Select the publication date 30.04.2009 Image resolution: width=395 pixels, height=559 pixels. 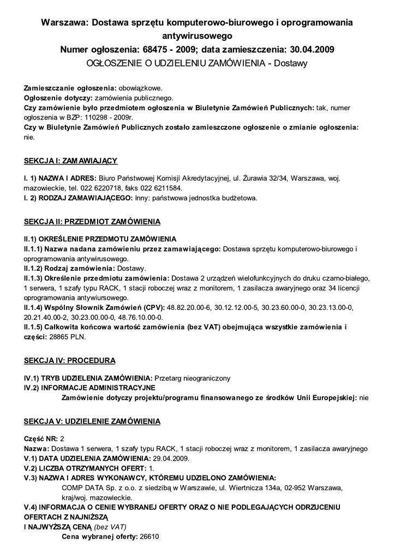pos(311,50)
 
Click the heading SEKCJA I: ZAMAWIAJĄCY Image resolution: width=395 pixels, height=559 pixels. pos(71,161)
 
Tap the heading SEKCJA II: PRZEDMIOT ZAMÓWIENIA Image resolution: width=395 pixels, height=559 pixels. pos(92,223)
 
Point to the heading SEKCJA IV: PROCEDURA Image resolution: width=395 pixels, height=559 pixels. pos(69,361)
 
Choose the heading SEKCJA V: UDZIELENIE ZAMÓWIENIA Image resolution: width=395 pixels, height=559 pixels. pos(92,421)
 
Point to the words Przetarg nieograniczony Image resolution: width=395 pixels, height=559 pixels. pos(193,378)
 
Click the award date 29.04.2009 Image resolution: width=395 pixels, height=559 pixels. pos(171,459)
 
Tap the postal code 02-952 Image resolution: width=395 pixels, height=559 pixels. pos(295,488)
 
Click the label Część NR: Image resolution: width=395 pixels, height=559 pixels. pos(41,439)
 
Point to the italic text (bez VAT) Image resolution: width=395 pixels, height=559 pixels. pos(110,527)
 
